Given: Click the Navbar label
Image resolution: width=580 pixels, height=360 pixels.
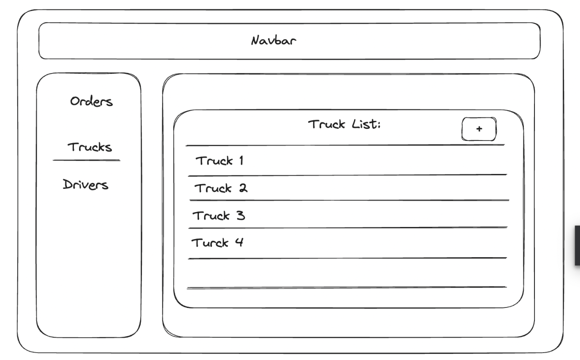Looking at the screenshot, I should click(x=274, y=40).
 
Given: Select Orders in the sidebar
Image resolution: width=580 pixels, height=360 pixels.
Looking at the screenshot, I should click(x=91, y=101).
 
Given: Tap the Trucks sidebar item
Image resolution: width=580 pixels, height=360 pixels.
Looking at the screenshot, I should click(x=90, y=148).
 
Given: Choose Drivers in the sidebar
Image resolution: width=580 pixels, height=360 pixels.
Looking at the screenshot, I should click(x=86, y=185).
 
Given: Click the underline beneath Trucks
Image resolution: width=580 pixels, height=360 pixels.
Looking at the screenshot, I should click(x=86, y=160).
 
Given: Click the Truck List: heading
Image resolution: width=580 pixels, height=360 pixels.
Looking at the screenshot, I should click(x=344, y=125).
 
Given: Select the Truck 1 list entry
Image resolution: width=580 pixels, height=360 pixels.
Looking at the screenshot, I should click(x=220, y=161).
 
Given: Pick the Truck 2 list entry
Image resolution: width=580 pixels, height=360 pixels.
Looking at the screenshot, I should click(x=221, y=188).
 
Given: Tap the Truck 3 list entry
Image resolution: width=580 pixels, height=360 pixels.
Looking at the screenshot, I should click(x=218, y=216).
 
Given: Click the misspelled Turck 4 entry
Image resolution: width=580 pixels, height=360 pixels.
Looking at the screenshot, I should click(x=217, y=242).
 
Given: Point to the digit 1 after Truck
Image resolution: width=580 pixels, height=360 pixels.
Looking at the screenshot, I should click(x=241, y=161).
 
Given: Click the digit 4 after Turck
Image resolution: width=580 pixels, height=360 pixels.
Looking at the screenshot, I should click(x=239, y=242).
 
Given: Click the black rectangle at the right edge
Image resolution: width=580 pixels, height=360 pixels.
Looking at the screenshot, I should click(x=577, y=245).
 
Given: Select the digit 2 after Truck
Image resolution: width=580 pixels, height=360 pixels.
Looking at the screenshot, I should click(x=243, y=188).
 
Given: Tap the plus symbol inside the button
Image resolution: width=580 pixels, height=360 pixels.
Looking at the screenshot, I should click(x=479, y=129).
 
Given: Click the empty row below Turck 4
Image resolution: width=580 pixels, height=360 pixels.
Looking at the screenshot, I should click(x=347, y=273).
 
